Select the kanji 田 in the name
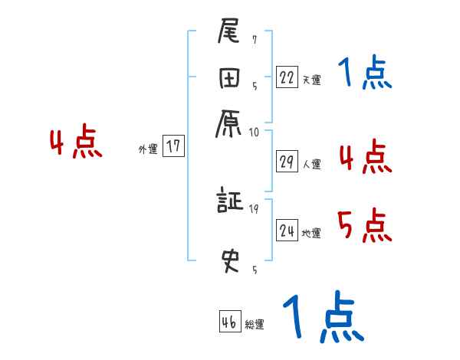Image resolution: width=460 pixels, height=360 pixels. pos(230,79)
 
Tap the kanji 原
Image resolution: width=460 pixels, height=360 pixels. pos(230,122)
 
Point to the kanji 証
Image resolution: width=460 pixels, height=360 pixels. pos(230,202)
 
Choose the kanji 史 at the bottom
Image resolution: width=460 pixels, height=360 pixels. pos(230,261)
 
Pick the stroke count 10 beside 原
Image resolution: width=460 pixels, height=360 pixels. pos(254,132)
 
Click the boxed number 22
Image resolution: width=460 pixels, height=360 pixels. pos(287,77)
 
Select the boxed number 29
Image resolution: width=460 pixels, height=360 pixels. pos(287,162)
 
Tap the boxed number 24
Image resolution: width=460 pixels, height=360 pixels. pos(287,231)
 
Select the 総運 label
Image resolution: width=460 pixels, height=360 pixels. pos(255,324)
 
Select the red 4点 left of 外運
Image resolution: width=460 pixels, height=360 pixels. pos(75,143)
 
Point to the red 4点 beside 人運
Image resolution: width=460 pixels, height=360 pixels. pos(364,156)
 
